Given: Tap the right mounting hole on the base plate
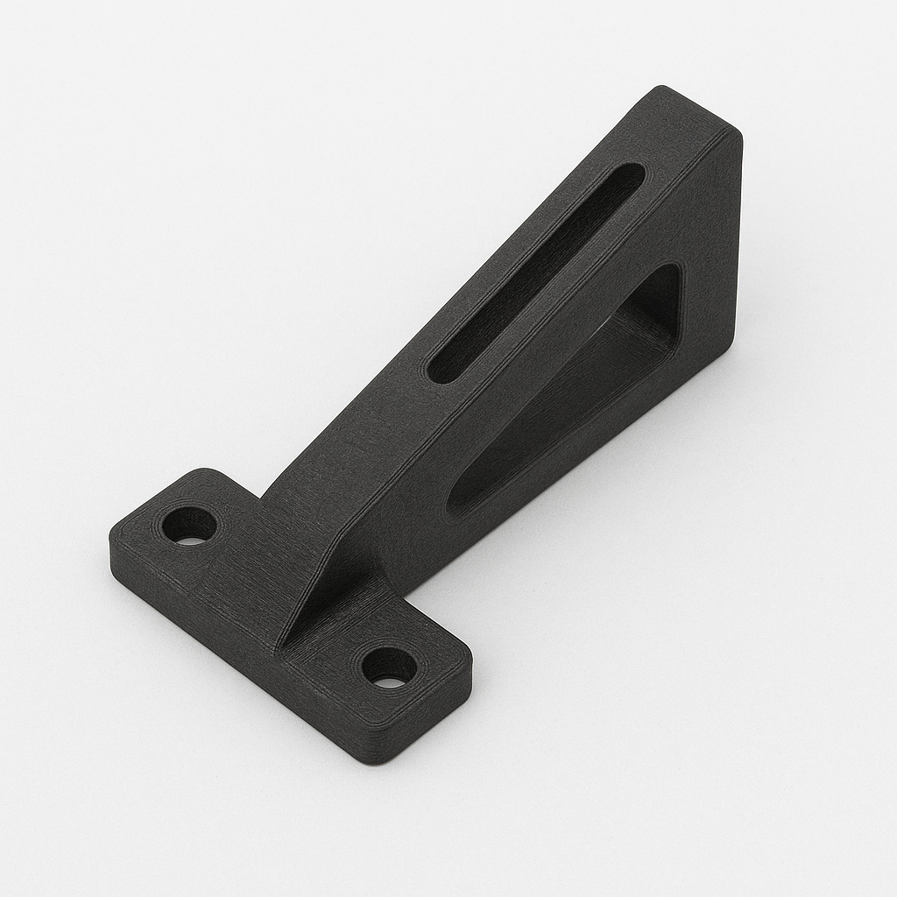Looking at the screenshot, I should pos(389,667).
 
